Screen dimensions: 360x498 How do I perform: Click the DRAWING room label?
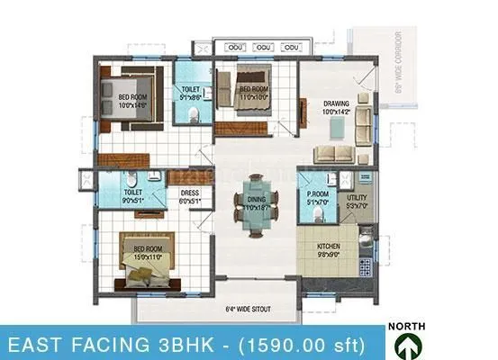click(336, 103)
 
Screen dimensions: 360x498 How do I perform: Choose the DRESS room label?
click(189, 193)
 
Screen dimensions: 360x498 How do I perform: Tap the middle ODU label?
click(264, 47)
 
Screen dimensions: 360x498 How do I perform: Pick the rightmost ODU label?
click(293, 47)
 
